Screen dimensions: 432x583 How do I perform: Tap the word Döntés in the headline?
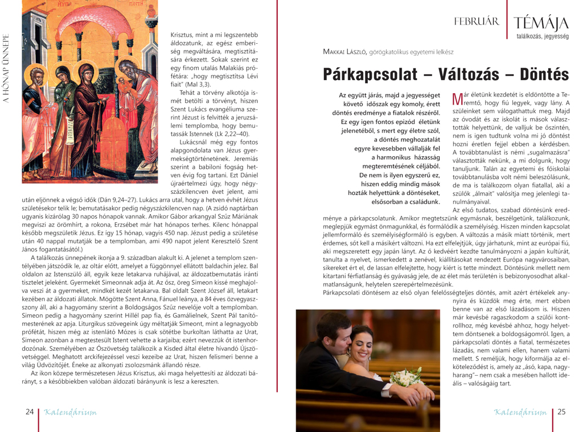537,74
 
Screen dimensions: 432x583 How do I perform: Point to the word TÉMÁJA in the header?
541,23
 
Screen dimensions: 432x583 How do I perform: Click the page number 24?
29,411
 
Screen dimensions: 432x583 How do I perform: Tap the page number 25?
561,412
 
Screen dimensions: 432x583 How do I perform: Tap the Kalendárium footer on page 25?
520,412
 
